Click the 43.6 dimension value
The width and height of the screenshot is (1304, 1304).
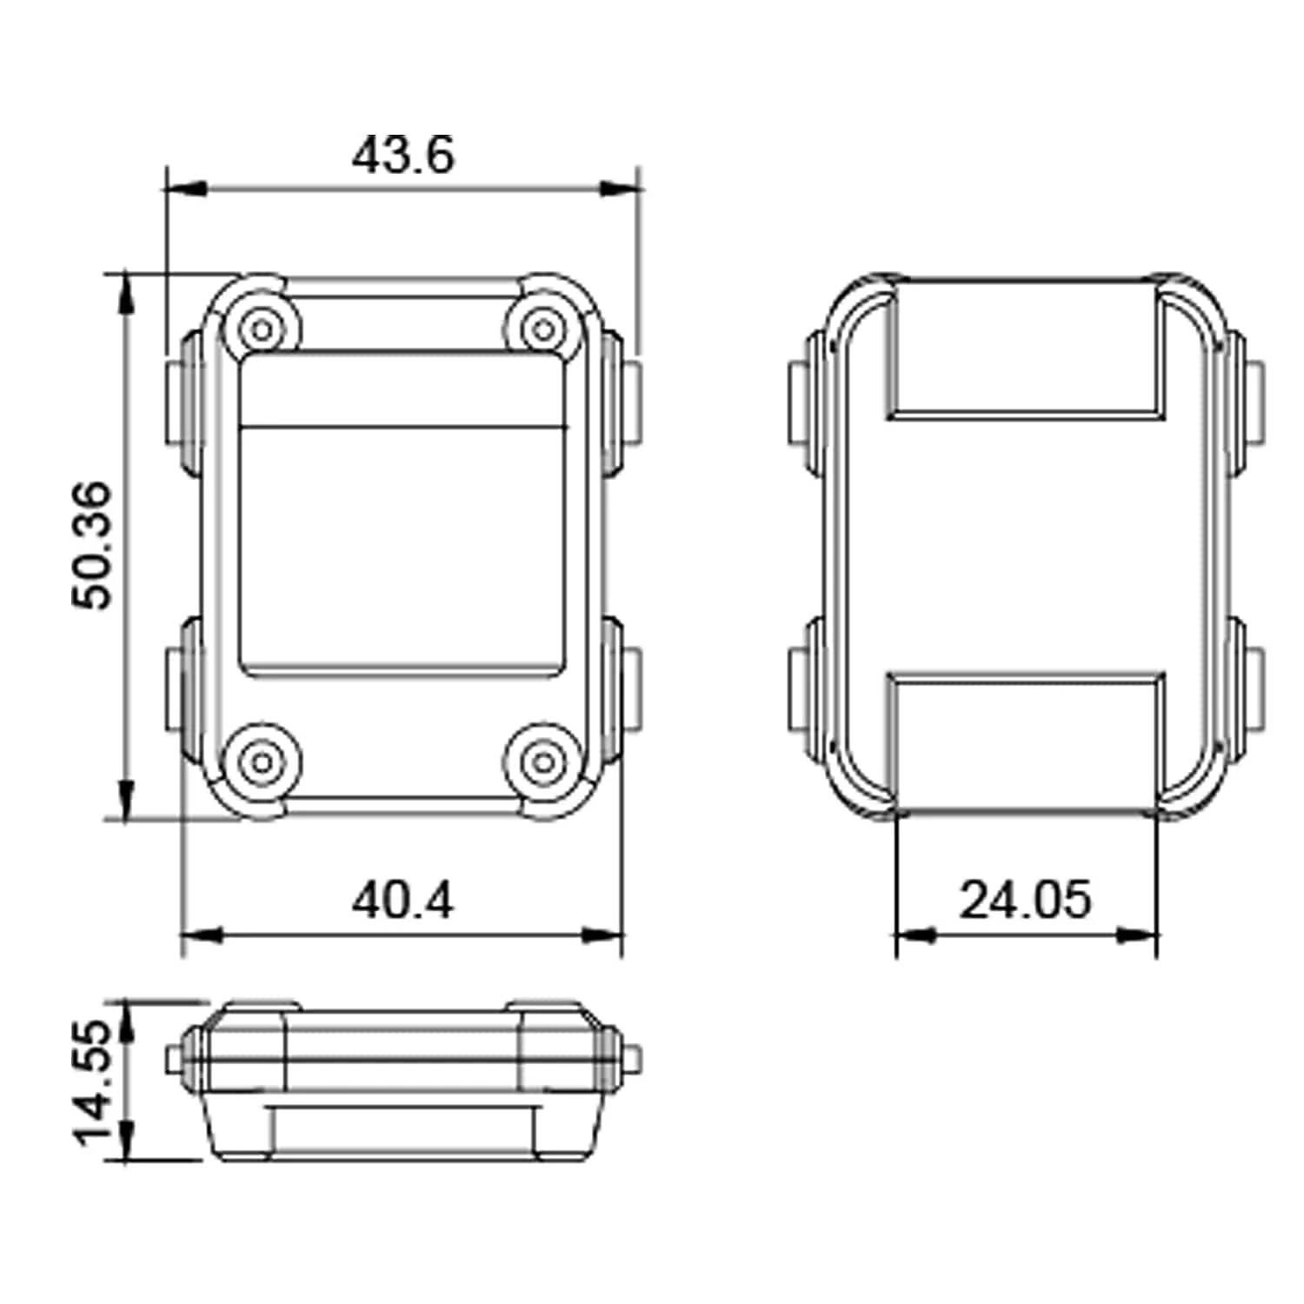[403, 156]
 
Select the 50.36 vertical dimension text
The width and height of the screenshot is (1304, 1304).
[92, 545]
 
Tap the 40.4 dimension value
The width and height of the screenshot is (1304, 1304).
[402, 900]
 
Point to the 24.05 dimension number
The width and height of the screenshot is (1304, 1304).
[1024, 900]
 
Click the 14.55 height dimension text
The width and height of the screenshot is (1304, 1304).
[92, 1082]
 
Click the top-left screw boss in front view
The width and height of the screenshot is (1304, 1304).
[262, 329]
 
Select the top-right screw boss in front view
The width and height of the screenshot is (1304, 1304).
[543, 329]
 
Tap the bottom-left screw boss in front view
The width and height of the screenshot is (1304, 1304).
[262, 762]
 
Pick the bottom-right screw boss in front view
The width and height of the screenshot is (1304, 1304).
[543, 762]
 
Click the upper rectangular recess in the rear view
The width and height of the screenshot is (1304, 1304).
[1026, 348]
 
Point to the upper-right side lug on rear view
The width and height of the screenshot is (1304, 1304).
[1247, 402]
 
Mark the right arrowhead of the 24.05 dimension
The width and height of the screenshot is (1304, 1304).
[1141, 935]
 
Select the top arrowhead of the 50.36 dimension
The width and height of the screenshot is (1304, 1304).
[127, 291]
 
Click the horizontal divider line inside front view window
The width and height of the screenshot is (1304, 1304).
[403, 427]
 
